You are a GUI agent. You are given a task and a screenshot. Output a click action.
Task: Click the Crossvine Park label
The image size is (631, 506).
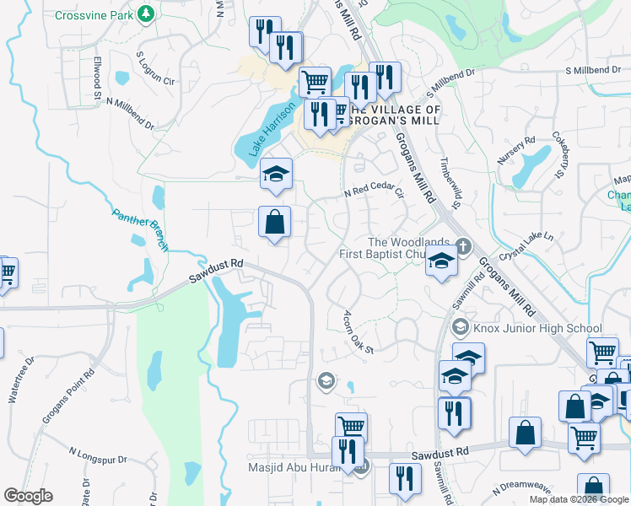click(x=94, y=15)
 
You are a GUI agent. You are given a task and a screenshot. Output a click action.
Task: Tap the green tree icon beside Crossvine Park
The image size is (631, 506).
click(x=146, y=14)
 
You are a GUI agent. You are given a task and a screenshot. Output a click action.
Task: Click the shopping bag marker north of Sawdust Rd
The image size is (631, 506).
click(x=275, y=223)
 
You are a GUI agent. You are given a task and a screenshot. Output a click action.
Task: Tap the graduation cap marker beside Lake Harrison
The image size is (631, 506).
click(x=275, y=174)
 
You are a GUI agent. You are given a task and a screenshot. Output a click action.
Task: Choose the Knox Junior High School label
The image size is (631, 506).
click(x=537, y=328)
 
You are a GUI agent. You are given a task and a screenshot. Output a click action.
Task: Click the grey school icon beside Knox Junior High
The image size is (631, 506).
click(x=461, y=326)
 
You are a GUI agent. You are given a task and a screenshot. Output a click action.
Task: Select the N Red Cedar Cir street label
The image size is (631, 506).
click(x=375, y=192)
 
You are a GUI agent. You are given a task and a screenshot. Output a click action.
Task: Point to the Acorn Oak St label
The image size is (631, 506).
click(x=358, y=331)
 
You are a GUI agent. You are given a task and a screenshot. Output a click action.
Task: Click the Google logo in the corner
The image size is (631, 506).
click(x=28, y=496)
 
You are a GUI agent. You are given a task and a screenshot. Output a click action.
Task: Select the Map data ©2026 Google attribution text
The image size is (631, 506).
click(x=579, y=499)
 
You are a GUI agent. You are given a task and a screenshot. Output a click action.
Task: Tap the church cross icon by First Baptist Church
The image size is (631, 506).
click(x=461, y=246)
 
